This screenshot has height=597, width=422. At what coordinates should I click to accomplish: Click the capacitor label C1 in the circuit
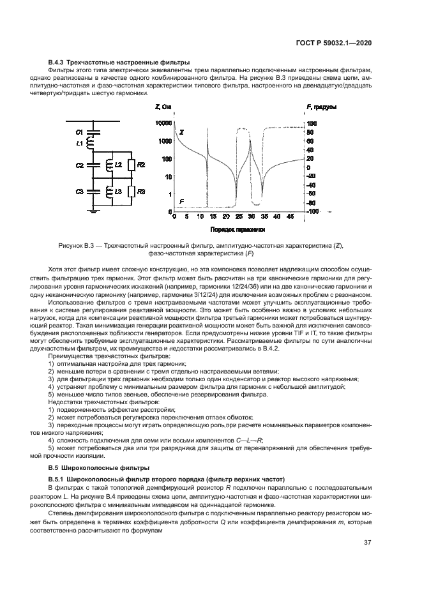pos(79,131)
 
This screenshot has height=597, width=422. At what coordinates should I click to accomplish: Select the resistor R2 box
pos(132,165)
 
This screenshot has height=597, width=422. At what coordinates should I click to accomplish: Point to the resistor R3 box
pos(132,192)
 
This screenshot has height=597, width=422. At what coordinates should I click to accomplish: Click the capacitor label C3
pos(79,192)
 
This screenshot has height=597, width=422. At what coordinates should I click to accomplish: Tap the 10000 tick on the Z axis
pos(163,123)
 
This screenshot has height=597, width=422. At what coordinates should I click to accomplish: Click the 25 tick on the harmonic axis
pos(236,217)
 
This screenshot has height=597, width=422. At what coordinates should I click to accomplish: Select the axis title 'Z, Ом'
pos(163,107)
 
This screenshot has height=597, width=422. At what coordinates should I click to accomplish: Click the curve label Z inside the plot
pos(181,132)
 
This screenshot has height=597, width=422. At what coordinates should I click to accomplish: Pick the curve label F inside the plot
pos(182,202)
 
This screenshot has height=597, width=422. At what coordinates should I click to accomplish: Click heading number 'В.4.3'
pos(58,61)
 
